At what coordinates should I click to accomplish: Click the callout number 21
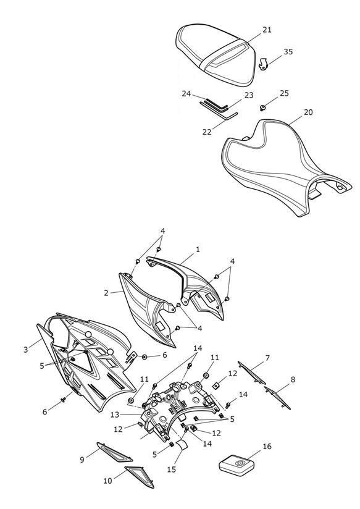(267, 30)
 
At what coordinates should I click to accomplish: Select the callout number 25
(284, 93)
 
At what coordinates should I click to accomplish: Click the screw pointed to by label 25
(263, 107)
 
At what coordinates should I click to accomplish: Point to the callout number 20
(308, 112)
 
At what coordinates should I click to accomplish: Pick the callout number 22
(207, 132)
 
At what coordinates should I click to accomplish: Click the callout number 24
(186, 94)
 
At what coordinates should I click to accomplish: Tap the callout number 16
(267, 447)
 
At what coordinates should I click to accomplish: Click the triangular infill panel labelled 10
(140, 476)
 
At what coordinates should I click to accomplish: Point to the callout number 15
(172, 469)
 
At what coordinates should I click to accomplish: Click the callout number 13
(115, 415)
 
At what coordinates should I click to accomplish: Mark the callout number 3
(26, 350)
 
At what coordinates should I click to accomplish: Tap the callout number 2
(106, 293)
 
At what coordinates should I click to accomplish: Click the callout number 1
(198, 250)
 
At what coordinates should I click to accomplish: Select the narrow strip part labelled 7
(251, 372)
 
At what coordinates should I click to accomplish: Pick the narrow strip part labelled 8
(277, 398)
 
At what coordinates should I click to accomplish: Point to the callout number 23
(249, 95)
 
